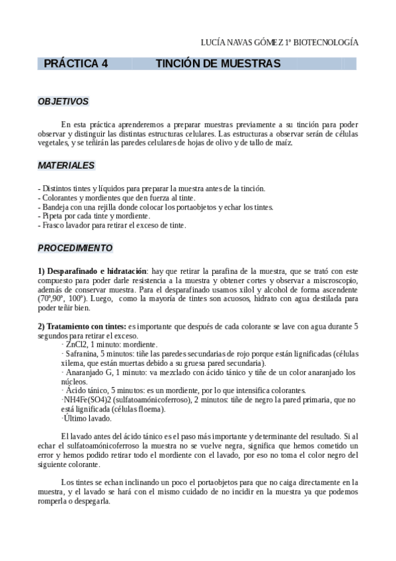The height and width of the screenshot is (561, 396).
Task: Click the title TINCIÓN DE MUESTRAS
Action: click(218, 64)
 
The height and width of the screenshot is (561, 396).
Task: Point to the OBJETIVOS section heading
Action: click(63, 102)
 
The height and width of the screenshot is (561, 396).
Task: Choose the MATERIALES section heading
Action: click(66, 165)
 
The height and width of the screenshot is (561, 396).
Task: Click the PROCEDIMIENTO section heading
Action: click(75, 248)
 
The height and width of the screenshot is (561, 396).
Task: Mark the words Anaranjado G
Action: click(86, 372)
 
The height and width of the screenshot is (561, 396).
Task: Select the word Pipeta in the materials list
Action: click(54, 216)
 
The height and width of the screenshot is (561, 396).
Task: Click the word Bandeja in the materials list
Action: click(57, 206)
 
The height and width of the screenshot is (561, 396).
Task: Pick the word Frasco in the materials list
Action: click(54, 225)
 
